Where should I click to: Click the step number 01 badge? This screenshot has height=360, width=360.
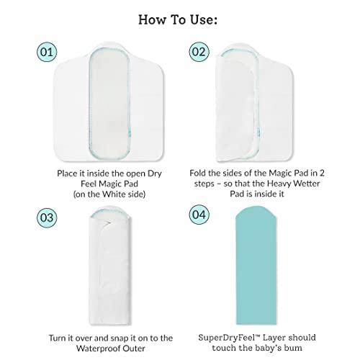pyautogui.click(x=47, y=52)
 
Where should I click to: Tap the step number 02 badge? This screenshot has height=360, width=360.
pyautogui.click(x=199, y=52)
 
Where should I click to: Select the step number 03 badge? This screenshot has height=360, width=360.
pyautogui.click(x=47, y=217)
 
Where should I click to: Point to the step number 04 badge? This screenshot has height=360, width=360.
pyautogui.click(x=199, y=215)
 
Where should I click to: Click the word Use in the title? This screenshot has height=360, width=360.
pyautogui.click(x=204, y=19)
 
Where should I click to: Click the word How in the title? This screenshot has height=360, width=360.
pyautogui.click(x=153, y=19)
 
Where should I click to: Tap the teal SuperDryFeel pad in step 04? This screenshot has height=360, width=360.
pyautogui.click(x=256, y=265)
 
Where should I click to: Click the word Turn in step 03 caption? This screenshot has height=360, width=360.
pyautogui.click(x=58, y=338)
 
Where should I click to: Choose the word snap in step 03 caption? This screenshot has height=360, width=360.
pyautogui.click(x=119, y=338)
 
